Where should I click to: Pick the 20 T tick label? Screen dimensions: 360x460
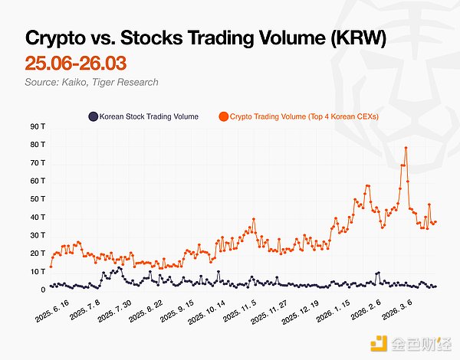pyautogui.click(x=36, y=254)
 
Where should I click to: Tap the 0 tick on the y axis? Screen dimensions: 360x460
pyautogui.click(x=43, y=290)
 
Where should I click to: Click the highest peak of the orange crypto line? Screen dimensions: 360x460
pyautogui.click(x=406, y=148)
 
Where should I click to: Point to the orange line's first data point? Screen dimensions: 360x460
pyautogui.click(x=51, y=266)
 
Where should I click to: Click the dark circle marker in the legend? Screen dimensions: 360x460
pyautogui.click(x=93, y=116)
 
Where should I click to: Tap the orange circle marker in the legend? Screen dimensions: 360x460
pyautogui.click(x=223, y=116)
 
